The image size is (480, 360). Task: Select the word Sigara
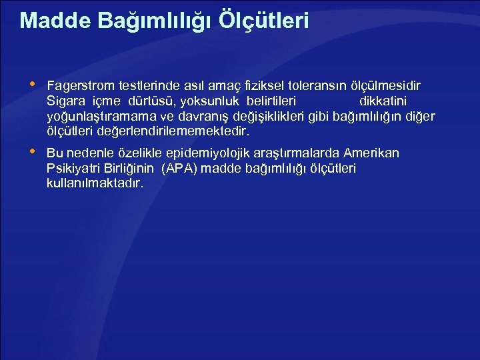[65, 102]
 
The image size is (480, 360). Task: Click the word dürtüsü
[149, 102]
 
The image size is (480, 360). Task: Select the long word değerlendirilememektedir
[169, 132]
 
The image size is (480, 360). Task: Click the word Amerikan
[371, 154]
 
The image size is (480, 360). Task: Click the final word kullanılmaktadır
[95, 183]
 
